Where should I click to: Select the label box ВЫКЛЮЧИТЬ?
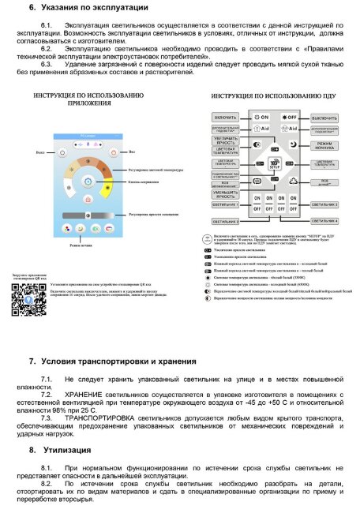325,117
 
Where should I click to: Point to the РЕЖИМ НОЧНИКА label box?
325,144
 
